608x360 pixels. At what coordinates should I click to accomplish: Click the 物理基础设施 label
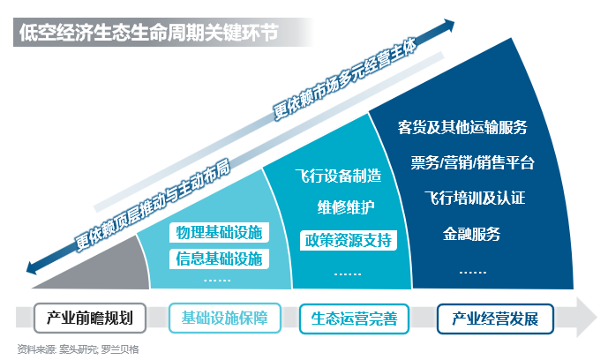(219, 234)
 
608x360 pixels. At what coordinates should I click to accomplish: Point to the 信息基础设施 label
(219, 259)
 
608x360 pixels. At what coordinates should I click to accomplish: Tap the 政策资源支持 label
(348, 240)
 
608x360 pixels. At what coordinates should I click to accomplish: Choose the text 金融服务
(471, 234)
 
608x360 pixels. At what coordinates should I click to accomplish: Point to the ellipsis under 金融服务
(473, 271)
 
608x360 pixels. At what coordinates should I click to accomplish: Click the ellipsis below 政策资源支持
(347, 273)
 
